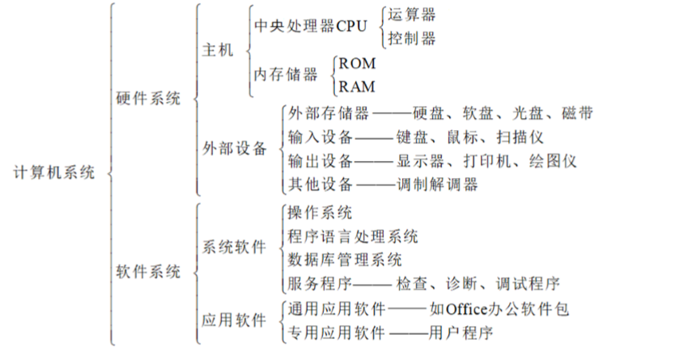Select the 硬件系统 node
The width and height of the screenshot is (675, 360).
click(x=149, y=97)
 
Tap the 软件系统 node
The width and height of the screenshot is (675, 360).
click(x=149, y=272)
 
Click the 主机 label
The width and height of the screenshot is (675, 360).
click(x=216, y=50)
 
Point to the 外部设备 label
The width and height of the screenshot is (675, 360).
click(x=234, y=149)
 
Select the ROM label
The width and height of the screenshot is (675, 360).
click(x=357, y=63)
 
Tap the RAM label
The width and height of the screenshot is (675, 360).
click(x=357, y=87)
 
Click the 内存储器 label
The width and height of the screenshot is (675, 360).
click(x=285, y=74)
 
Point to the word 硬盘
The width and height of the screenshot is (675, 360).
click(x=427, y=113)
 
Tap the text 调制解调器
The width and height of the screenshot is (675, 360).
click(x=438, y=184)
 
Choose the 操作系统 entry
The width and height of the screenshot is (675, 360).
click(x=320, y=213)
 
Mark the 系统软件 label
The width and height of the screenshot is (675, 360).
click(x=234, y=248)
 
